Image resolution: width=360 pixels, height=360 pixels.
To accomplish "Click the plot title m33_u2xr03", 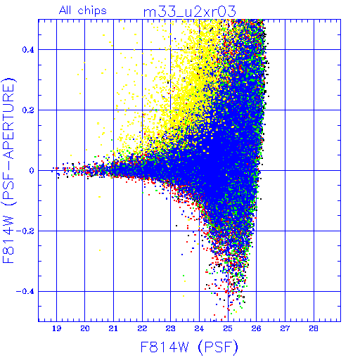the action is click(x=189, y=12).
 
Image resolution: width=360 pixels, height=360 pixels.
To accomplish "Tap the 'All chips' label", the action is click(x=83, y=11).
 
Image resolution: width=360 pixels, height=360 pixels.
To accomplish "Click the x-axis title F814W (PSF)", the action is click(x=189, y=347).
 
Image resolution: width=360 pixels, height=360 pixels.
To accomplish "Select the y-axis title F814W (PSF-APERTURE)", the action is click(x=8, y=170).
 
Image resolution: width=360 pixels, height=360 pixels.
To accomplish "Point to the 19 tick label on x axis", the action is click(x=56, y=328).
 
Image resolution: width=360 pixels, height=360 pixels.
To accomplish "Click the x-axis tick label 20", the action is click(x=85, y=328).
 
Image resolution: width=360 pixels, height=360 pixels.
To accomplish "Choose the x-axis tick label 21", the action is click(x=113, y=328).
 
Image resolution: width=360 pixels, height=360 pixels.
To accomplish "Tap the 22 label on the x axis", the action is click(x=142, y=328).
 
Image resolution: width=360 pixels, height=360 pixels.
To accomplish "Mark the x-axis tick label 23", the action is click(x=171, y=328).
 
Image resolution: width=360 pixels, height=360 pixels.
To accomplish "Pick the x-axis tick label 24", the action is click(x=199, y=328).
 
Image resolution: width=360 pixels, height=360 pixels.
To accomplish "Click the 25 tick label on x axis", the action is click(x=228, y=328).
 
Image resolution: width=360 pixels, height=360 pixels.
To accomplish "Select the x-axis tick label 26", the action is click(x=257, y=328).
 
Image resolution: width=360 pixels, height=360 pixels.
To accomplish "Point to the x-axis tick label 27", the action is click(x=285, y=328).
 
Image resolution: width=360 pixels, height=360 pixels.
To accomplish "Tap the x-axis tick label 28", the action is click(x=314, y=328).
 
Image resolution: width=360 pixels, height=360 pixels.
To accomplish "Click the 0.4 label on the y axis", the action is click(x=28, y=50).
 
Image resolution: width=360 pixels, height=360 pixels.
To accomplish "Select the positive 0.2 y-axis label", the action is click(x=28, y=110).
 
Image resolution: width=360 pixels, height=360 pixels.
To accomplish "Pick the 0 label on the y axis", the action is click(x=32, y=171).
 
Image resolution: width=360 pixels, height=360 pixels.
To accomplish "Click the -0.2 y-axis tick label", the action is click(x=25, y=231).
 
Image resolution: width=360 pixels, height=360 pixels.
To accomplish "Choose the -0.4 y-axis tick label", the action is click(x=25, y=292).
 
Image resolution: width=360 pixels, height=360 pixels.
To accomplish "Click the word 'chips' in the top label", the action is click(x=92, y=11).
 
